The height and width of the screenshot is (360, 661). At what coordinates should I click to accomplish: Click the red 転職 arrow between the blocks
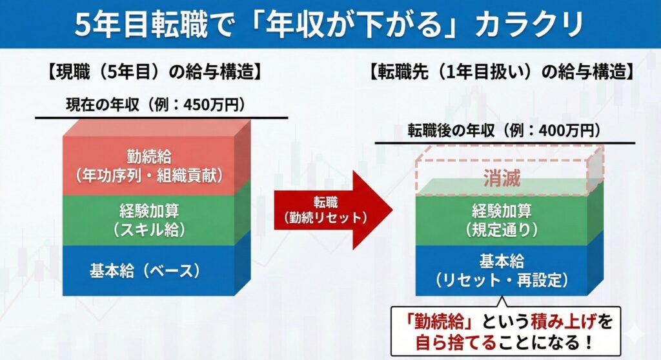[x=333, y=210]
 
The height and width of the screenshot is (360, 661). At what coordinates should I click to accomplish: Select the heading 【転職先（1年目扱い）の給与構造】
[x=502, y=72]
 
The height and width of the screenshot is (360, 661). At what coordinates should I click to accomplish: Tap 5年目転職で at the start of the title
[x=154, y=25]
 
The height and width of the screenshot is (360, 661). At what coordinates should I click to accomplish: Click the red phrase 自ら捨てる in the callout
[x=456, y=342]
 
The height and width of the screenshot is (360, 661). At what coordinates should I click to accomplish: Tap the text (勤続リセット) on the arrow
[x=325, y=217]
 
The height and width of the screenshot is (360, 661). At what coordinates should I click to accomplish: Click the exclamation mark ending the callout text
[x=589, y=342]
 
